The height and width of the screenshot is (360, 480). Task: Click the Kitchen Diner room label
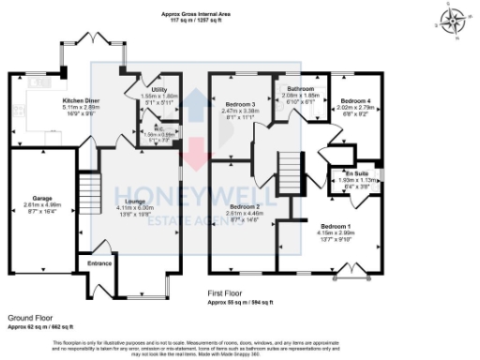[x=81, y=100]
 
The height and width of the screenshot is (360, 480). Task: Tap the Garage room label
[x=41, y=196]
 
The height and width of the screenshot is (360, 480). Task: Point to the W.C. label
[x=145, y=130]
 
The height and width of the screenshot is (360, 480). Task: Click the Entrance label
[x=100, y=263]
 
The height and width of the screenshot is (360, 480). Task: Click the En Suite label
[x=354, y=174]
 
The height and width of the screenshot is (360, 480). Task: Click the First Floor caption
[x=228, y=293]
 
